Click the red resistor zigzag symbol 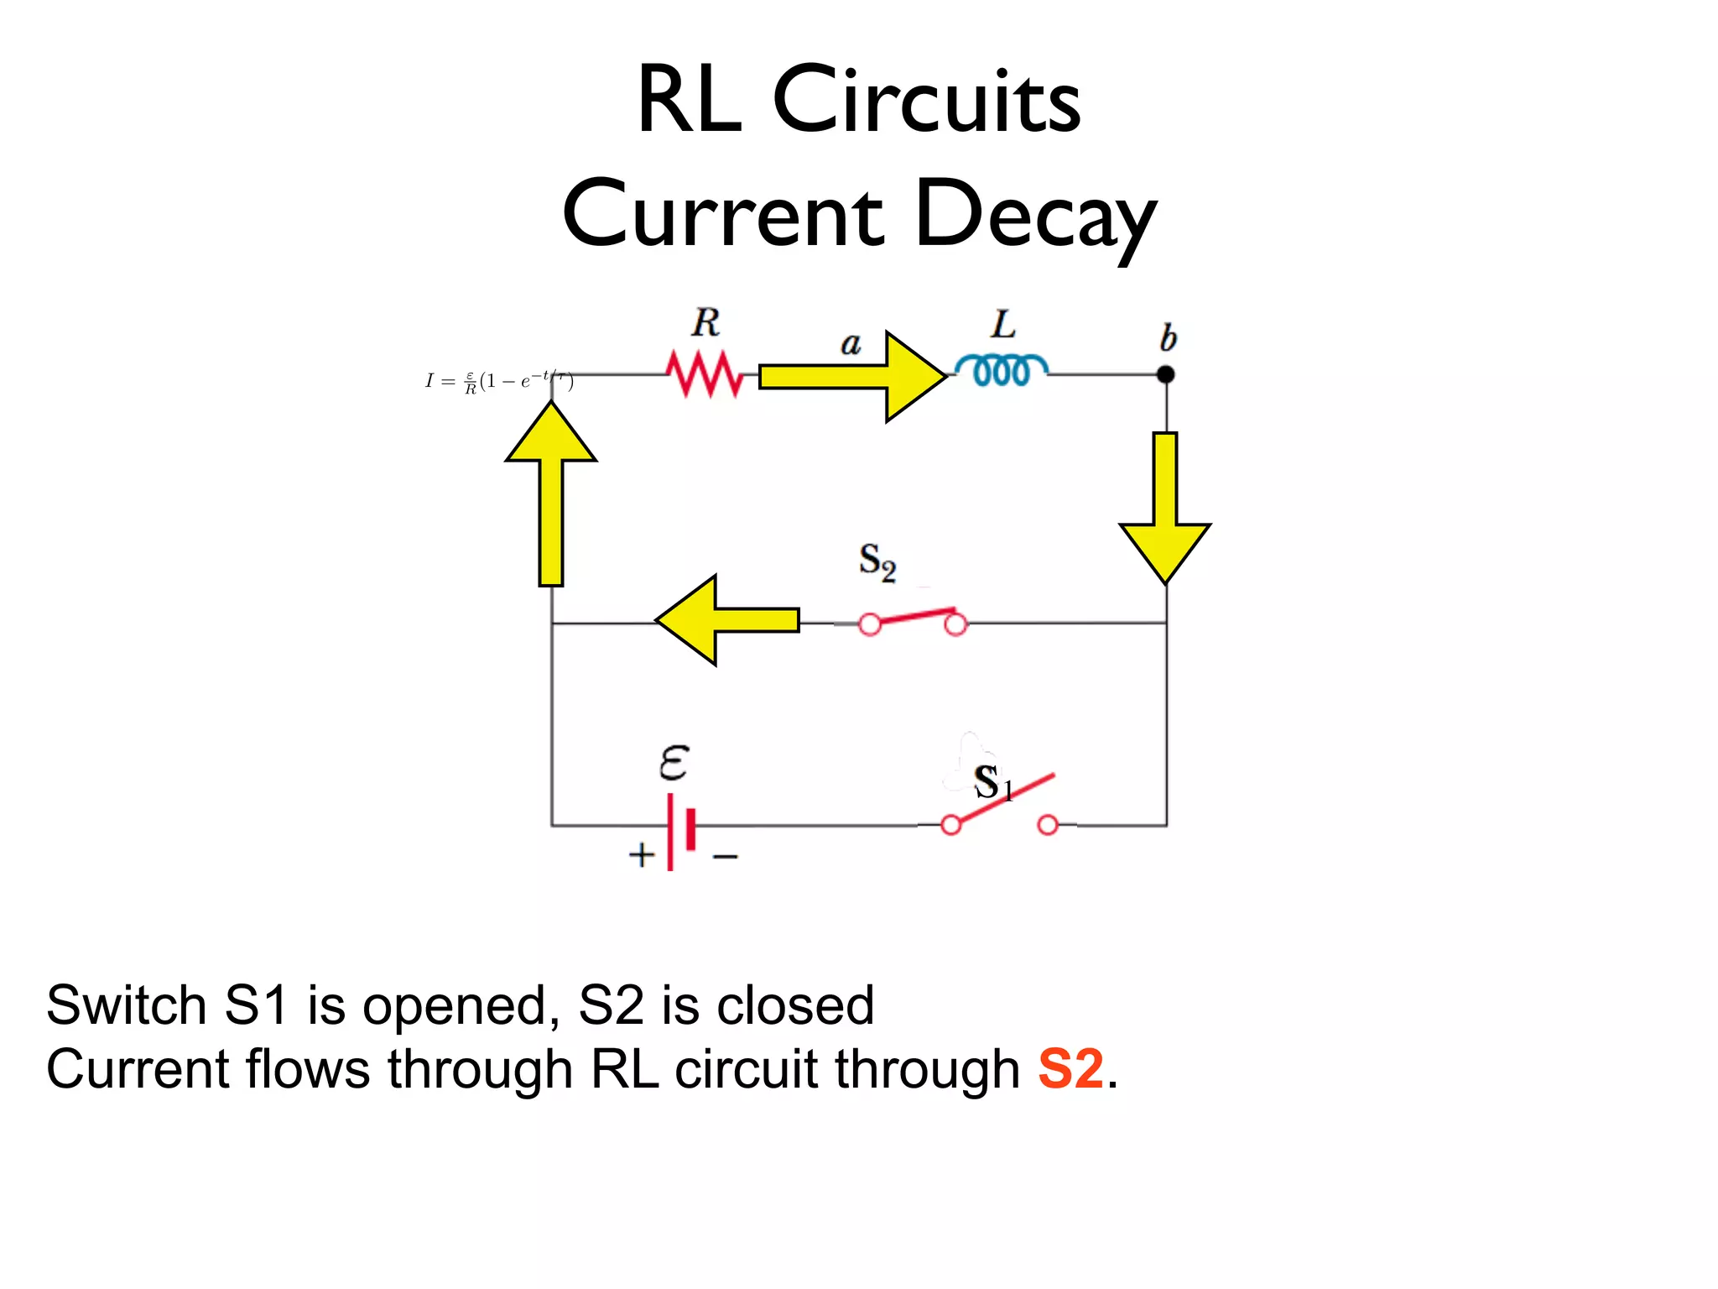pyautogui.click(x=705, y=374)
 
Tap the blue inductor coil pyautogui.click(x=1001, y=370)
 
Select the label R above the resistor pyautogui.click(x=705, y=323)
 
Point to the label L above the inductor pyautogui.click(x=1003, y=324)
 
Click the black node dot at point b pyautogui.click(x=1165, y=374)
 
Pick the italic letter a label pyautogui.click(x=851, y=343)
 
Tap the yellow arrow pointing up pyautogui.click(x=551, y=495)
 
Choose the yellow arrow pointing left pyautogui.click(x=726, y=620)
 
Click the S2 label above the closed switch pyautogui.click(x=877, y=561)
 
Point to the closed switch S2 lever pyautogui.click(x=914, y=618)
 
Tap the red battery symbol pyautogui.click(x=680, y=830)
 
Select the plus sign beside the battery pyautogui.click(x=642, y=855)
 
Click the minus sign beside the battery pyautogui.click(x=725, y=857)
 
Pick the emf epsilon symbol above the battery pyautogui.click(x=674, y=762)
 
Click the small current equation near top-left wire pyautogui.click(x=499, y=381)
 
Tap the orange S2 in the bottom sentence pyautogui.click(x=1070, y=1069)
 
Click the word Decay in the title pyautogui.click(x=1036, y=216)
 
